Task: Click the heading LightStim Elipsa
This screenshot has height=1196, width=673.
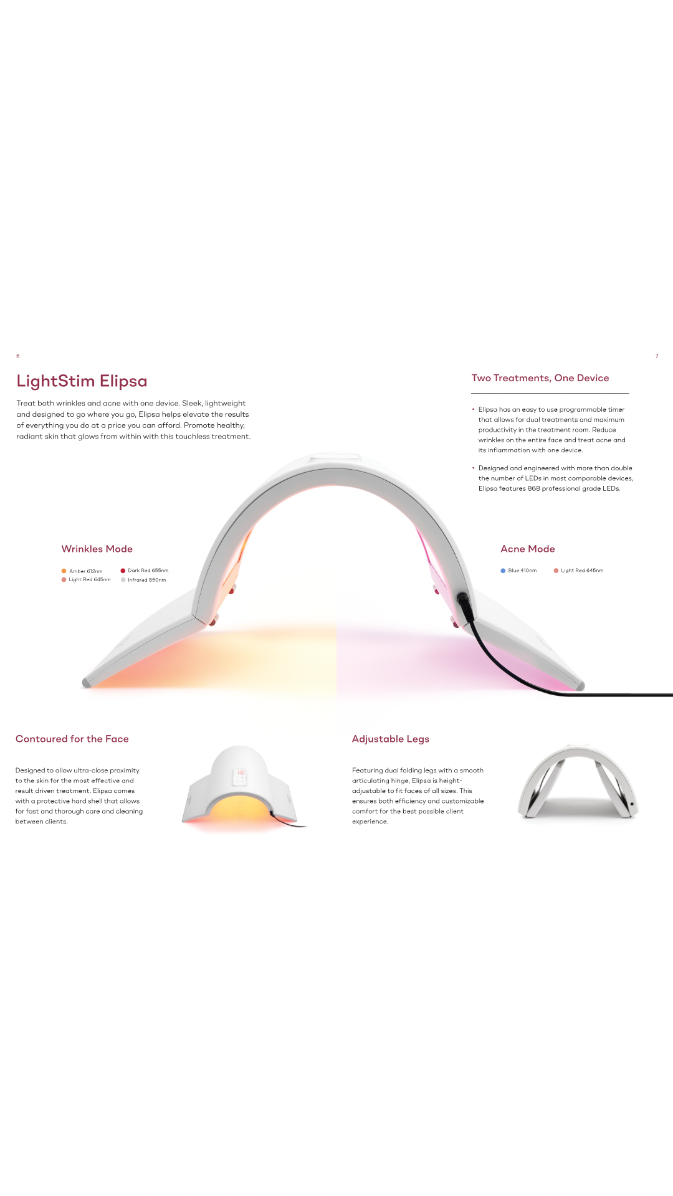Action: (82, 381)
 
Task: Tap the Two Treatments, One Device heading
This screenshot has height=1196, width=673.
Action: (540, 378)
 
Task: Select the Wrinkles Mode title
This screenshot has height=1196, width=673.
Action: (97, 549)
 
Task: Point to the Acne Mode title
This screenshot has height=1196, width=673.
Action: (528, 549)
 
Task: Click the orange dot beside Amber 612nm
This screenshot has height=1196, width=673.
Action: (64, 571)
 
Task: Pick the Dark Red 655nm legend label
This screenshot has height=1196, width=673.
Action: (148, 571)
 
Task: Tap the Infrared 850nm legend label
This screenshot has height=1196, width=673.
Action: (146, 580)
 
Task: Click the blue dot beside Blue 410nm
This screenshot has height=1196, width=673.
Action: (503, 571)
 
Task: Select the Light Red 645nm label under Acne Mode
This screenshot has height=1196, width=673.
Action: (582, 571)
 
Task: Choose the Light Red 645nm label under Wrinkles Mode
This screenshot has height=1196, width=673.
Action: (89, 580)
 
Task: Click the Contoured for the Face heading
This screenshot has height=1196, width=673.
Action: (72, 739)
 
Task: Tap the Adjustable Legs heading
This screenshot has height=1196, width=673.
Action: (391, 739)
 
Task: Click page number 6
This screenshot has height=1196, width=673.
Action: (18, 356)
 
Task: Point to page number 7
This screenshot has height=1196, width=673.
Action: (657, 356)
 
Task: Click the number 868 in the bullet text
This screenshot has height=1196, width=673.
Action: (534, 488)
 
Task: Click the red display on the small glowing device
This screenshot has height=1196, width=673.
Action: (241, 773)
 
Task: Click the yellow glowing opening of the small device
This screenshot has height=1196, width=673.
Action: (240, 808)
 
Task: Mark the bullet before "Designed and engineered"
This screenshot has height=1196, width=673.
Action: (474, 468)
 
